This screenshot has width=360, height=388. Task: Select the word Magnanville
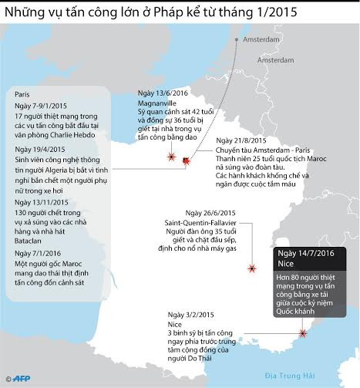tap(154, 100)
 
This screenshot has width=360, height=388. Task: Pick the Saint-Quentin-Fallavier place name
tap(205, 223)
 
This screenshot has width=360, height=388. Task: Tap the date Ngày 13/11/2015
tap(45, 201)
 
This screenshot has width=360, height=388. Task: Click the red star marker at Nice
tap(302, 333)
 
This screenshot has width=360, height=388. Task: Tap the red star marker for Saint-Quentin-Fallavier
tap(251, 268)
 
